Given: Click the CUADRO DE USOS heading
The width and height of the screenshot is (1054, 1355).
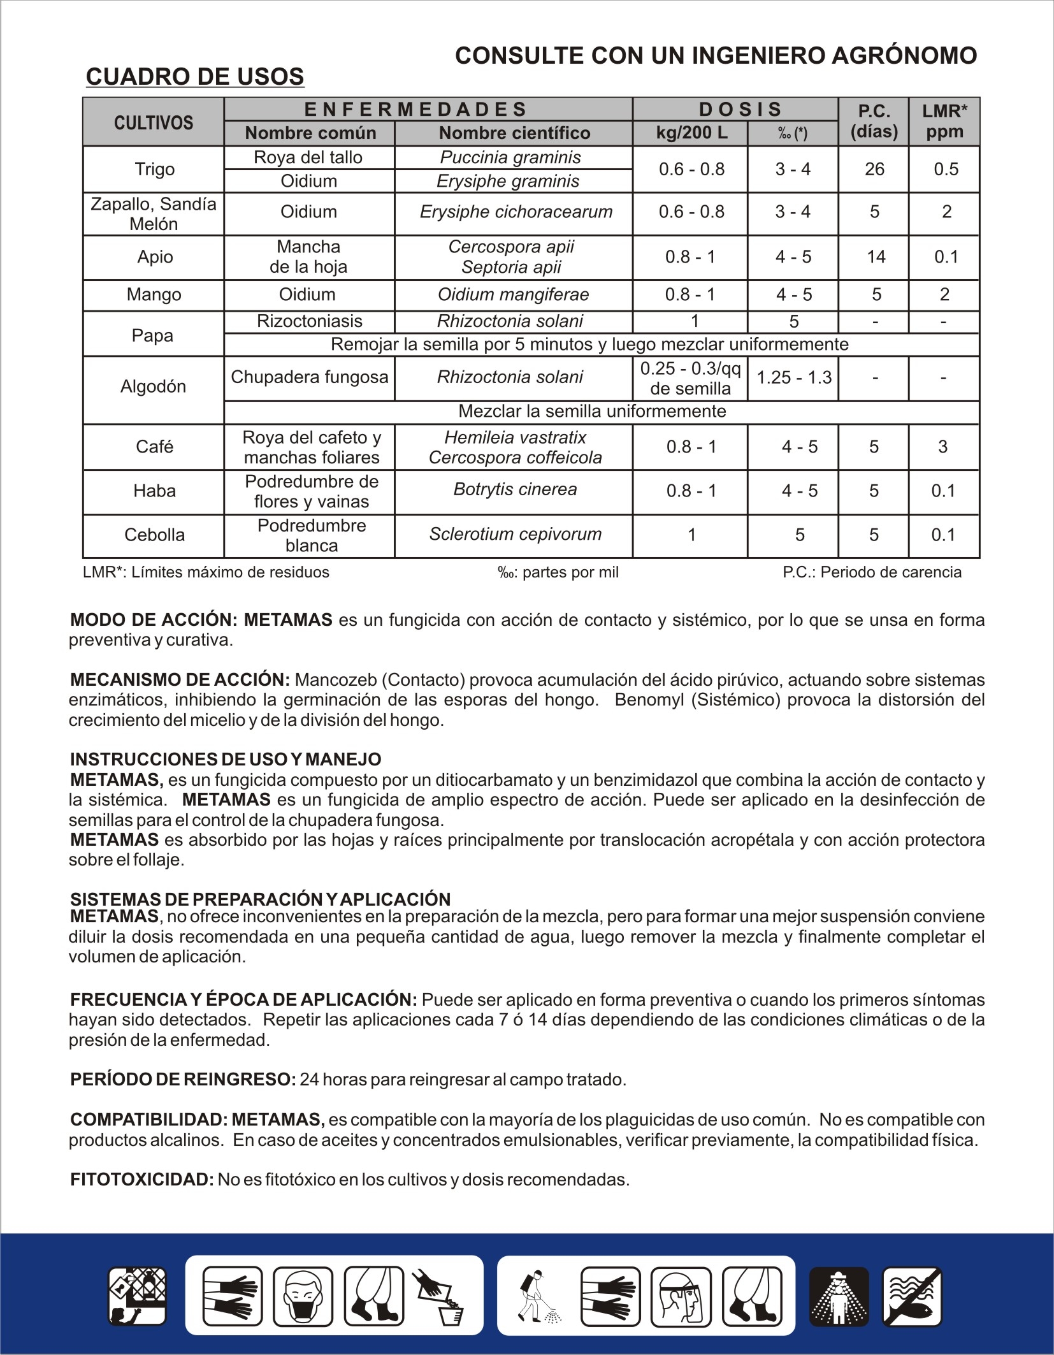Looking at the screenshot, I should (x=194, y=76).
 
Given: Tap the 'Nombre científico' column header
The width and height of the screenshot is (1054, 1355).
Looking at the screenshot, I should (x=514, y=133).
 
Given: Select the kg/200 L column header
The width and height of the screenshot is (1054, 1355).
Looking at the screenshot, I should (x=691, y=133).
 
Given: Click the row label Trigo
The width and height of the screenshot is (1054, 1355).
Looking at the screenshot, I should (x=154, y=170).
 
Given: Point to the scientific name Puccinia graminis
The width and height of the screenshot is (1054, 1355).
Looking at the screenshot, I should (x=510, y=157).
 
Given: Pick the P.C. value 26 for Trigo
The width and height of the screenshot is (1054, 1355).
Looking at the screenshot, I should (x=874, y=170).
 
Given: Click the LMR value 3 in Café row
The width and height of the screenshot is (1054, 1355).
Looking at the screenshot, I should (x=942, y=447).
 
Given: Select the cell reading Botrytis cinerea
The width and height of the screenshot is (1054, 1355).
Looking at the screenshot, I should (x=515, y=489).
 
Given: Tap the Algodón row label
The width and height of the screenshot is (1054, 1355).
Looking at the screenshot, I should (x=153, y=386).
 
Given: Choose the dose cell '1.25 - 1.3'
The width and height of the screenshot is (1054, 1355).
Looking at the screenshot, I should (x=793, y=377).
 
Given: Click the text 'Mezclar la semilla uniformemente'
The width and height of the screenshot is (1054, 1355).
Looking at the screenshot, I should (x=592, y=411).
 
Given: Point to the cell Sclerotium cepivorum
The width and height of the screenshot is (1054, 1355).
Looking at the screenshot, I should (x=515, y=534).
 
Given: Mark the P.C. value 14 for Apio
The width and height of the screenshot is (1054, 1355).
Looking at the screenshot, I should (x=876, y=257).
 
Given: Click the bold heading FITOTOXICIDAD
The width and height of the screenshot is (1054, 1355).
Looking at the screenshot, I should (x=141, y=1179).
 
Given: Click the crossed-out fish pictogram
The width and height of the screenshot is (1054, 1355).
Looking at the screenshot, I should (x=912, y=1296).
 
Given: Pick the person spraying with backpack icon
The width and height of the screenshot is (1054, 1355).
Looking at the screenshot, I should (x=537, y=1296).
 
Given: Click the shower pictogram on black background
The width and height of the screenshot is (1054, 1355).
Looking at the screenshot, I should (x=839, y=1296).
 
